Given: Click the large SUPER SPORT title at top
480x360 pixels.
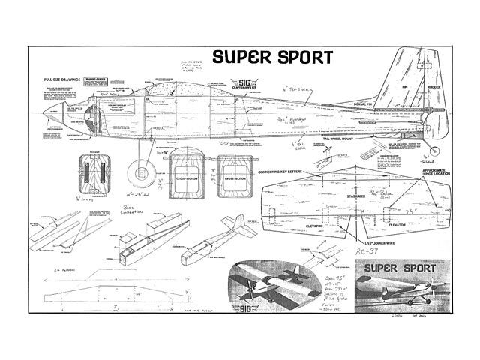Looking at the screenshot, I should pyautogui.click(x=272, y=56).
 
